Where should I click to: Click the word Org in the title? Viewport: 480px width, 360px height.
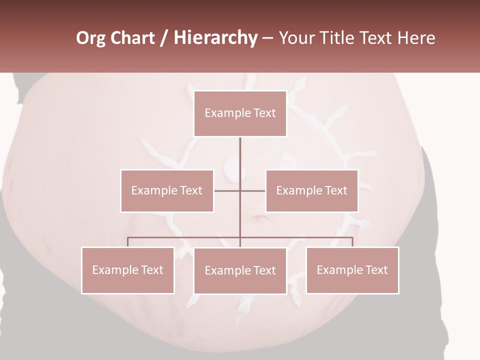(x=91, y=38)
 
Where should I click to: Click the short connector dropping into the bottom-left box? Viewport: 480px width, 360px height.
(x=127, y=242)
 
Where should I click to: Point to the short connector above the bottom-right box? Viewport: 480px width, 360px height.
(x=352, y=242)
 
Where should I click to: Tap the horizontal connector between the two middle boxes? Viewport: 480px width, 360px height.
(x=240, y=190)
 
